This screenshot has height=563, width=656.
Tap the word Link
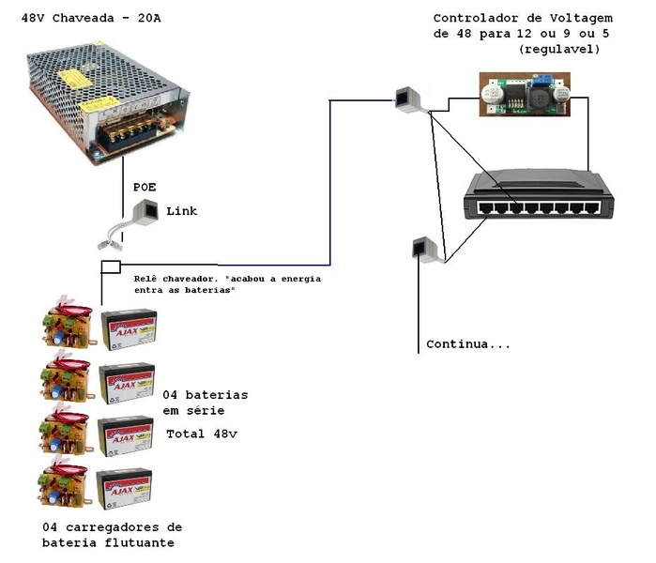(182, 211)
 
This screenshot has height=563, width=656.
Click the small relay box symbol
(111, 266)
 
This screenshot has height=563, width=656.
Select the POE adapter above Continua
(421, 249)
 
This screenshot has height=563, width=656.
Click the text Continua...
(467, 344)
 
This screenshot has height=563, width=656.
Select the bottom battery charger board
(65, 485)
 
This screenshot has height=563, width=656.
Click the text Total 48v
(203, 434)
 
